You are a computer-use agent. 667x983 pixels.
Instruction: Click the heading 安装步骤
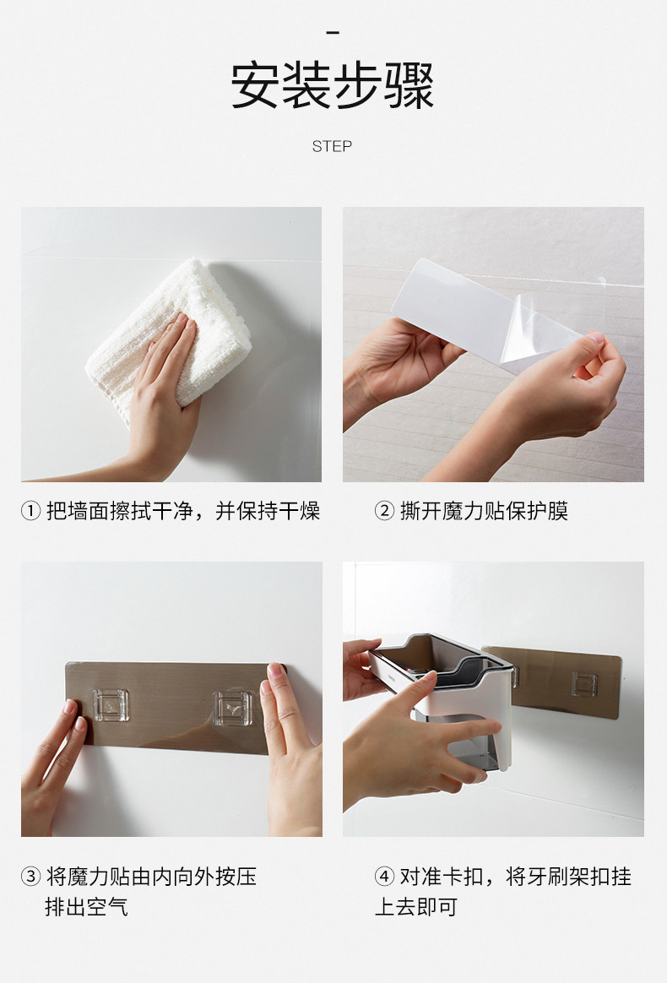(333, 85)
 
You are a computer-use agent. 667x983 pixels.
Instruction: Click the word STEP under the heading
(333, 146)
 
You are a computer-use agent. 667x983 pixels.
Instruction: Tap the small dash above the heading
(333, 32)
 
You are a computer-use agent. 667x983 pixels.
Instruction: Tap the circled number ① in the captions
(30, 511)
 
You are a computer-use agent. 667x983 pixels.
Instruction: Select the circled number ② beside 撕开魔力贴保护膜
(384, 511)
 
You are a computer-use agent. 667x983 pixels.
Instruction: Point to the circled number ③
(30, 876)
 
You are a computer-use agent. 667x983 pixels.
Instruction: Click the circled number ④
(384, 876)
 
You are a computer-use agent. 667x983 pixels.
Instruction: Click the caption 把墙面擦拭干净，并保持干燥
(183, 511)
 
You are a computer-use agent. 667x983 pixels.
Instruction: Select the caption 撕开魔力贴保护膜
(484, 511)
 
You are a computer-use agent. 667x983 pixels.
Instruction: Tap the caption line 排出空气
(86, 906)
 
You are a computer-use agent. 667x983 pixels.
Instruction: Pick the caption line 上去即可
(416, 906)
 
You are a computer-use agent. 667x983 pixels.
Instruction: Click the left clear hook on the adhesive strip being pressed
(111, 705)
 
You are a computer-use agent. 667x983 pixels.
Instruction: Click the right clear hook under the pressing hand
(232, 709)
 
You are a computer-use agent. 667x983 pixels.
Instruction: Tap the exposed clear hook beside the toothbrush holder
(584, 685)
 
